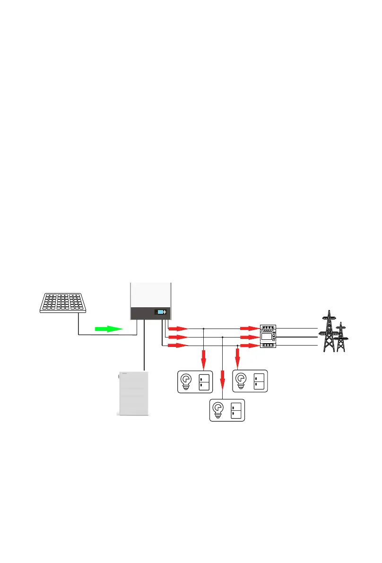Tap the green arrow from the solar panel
pos(108,329)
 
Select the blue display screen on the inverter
pos(161,312)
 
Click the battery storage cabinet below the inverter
pos(132,393)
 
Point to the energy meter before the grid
pos(268,337)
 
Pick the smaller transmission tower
pos(340,338)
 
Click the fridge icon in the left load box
pos(204,381)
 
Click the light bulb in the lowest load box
pos(218,409)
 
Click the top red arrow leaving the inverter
pos(179,328)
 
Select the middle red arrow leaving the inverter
pos(179,337)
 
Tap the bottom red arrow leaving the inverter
pos(179,346)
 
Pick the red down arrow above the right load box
pos(237,359)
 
